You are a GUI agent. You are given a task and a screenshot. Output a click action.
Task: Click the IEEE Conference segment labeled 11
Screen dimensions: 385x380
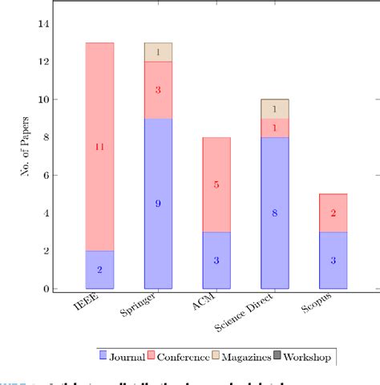tap(99, 146)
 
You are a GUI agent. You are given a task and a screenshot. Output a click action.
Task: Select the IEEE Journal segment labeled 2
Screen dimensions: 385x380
tap(99, 269)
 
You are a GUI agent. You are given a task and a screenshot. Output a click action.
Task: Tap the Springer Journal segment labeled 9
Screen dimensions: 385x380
tap(158, 204)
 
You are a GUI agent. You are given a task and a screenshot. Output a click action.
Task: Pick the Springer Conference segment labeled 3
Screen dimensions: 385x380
tap(158, 90)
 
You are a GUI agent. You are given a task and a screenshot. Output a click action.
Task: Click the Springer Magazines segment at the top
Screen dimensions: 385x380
tap(158, 52)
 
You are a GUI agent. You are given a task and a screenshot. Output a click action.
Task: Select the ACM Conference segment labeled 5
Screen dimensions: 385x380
tap(216, 184)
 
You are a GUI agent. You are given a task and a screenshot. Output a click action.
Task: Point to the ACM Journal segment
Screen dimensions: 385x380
tap(216, 261)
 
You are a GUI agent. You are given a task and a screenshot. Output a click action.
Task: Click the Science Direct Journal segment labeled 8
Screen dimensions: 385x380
tap(274, 213)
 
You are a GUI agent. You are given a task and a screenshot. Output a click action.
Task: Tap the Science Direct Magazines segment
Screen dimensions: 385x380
tap(274, 109)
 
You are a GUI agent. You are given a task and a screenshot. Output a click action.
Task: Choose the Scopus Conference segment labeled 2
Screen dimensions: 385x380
tap(332, 213)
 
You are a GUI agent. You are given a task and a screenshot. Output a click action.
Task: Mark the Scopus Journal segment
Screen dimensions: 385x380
tap(332, 261)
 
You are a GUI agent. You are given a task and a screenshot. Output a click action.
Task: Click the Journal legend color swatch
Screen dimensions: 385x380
tap(102, 357)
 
